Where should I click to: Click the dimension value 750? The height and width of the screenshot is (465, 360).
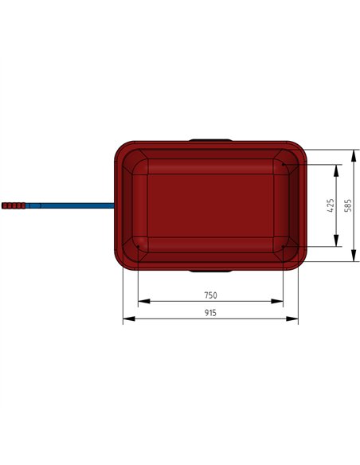pos(210,295)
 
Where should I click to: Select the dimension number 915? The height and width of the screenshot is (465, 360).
pos(210,313)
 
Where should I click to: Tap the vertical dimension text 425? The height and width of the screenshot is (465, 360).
pos(331,205)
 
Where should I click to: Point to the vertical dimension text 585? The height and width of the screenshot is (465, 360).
pos(348,205)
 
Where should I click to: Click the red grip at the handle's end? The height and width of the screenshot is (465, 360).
pos(14,206)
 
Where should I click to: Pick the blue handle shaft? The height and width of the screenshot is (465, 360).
pos(72,206)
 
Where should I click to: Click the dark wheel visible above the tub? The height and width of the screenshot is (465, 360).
pos(210,140)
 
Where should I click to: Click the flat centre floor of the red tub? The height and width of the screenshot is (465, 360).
pos(210,205)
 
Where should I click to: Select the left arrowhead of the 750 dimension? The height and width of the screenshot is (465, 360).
pos(141,302)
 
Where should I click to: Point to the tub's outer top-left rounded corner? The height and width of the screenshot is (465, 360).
pos(121,148)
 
